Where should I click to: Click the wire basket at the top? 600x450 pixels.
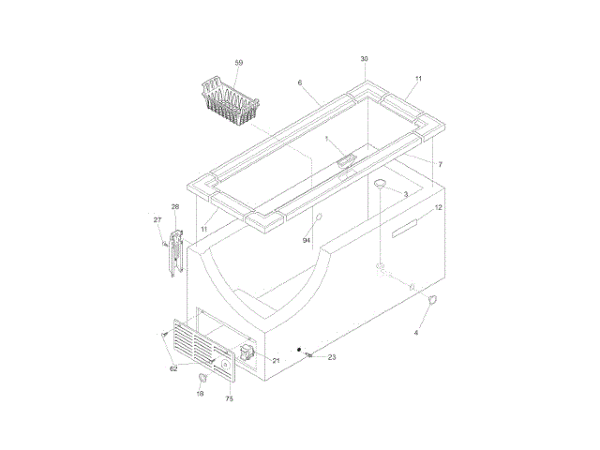pyautogui.click(x=231, y=100)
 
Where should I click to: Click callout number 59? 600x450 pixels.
pyautogui.click(x=239, y=63)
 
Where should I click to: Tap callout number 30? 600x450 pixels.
pyautogui.click(x=365, y=59)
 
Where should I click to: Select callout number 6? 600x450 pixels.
pyautogui.click(x=300, y=82)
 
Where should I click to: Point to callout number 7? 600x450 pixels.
pyautogui.click(x=440, y=165)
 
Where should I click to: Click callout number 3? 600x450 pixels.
pyautogui.click(x=406, y=194)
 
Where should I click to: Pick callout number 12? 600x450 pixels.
pyautogui.click(x=439, y=207)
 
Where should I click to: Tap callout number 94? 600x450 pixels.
pyautogui.click(x=307, y=240)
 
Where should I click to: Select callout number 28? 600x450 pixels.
pyautogui.click(x=175, y=206)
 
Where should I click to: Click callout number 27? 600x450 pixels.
pyautogui.click(x=157, y=219)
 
